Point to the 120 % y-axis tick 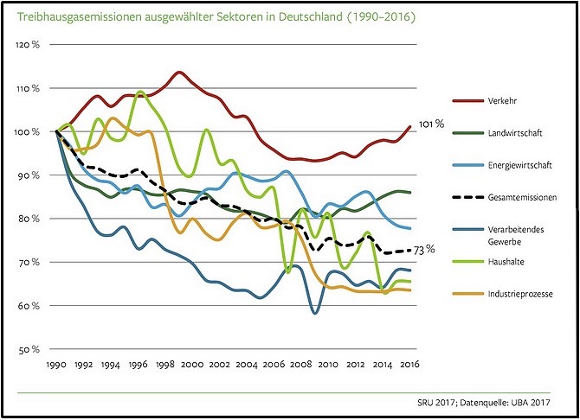pos(29,44)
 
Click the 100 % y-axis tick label pos(29,131)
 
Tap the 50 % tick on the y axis pos(31,349)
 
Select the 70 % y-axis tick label pos(31,262)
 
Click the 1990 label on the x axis pos(57,366)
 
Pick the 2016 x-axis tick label pos(411,366)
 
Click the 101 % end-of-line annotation pos(431,124)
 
